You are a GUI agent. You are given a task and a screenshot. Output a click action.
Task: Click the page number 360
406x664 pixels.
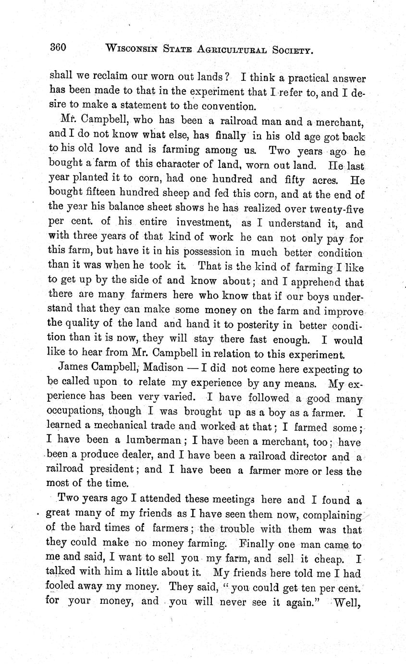point(58,47)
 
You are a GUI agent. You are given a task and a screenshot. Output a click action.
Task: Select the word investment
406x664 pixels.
point(206,223)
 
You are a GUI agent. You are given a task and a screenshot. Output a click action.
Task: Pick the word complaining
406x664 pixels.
point(331,515)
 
